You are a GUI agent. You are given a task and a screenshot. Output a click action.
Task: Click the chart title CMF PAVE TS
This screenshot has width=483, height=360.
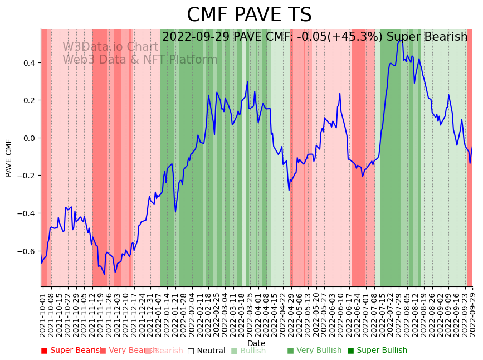[x=249, y=15]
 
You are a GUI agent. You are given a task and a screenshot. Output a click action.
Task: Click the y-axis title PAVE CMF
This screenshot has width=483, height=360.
[x=9, y=158]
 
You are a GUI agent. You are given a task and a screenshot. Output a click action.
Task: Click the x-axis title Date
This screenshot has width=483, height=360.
[x=256, y=343]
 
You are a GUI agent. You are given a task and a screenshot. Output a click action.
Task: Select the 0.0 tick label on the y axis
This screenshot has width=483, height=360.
[x=28, y=138]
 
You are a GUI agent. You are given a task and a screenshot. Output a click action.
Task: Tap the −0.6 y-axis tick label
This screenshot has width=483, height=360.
[x=26, y=251]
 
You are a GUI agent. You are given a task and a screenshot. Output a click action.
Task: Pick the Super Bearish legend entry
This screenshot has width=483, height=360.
[x=72, y=351]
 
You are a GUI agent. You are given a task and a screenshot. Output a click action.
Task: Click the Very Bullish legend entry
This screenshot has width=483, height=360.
[x=315, y=351]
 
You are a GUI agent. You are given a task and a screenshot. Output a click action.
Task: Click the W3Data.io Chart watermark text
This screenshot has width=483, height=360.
[x=110, y=47]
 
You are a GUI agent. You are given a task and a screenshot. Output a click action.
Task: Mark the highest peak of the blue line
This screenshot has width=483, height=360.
[x=402, y=40]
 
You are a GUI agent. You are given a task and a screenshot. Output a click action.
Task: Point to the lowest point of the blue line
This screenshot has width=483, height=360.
[x=104, y=274]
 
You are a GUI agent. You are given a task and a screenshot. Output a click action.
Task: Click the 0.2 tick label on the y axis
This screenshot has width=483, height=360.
[x=28, y=100]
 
